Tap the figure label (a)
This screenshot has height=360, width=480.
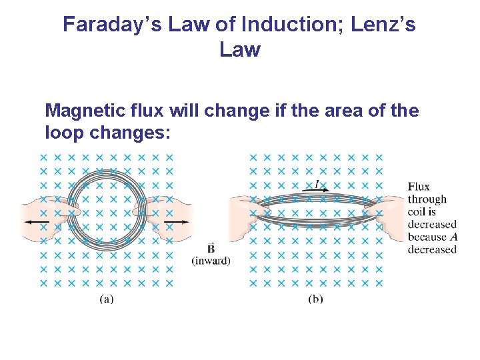pos(106,299)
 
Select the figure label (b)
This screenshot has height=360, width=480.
pos(315,299)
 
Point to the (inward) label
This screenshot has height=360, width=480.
pos(211,261)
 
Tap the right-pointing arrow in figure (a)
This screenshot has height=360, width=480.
pos(176,221)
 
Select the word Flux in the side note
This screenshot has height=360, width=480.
pos(419,187)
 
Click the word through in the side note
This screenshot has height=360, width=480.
pos(427,199)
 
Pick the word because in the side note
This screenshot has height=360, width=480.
pos(427,237)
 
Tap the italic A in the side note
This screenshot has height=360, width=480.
pos(454,237)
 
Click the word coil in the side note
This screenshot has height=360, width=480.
pos(417,212)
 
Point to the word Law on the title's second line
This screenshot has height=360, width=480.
pos(239,49)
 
